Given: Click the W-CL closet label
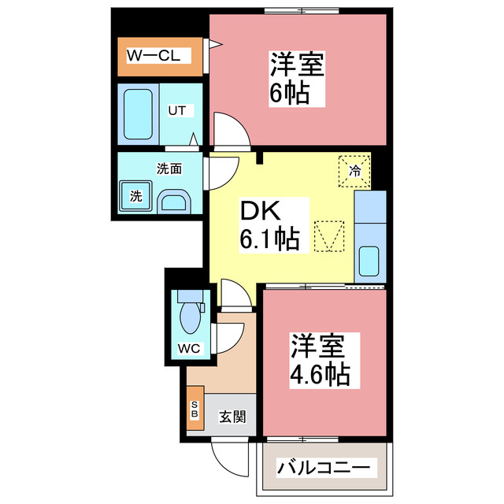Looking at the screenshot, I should tap(155, 56).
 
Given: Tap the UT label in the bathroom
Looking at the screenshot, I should tap(176, 110).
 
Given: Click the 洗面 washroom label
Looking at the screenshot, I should tap(169, 168).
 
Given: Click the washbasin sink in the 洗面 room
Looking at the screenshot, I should tap(173, 202).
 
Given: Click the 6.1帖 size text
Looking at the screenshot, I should tap(269, 238).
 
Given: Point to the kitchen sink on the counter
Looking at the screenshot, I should tap(369, 260).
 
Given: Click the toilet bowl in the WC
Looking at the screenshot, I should tap(191, 317).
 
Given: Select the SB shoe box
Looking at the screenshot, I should tap(195, 409).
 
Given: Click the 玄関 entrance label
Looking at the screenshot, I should tap(232, 416).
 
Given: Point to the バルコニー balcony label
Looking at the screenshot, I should tap(323, 469).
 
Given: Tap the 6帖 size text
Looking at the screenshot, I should tap(287, 94).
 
